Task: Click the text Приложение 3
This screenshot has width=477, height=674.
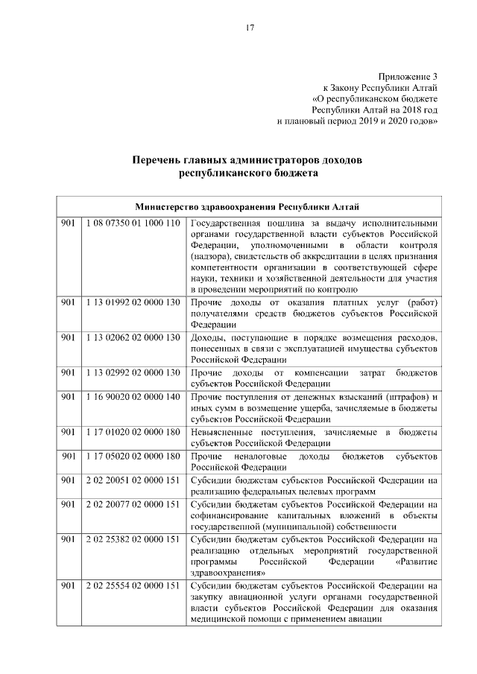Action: [x=408, y=77]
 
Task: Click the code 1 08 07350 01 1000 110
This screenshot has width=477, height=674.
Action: [x=133, y=223]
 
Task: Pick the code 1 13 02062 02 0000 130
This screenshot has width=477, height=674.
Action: [x=133, y=337]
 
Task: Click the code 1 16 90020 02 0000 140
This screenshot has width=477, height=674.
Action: [x=133, y=396]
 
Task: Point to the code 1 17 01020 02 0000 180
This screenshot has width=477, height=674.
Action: [x=133, y=432]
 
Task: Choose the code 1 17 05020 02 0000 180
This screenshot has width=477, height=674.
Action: [x=133, y=455]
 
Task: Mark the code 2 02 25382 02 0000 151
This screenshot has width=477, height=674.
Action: [x=133, y=539]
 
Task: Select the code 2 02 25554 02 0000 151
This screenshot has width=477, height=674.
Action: [x=133, y=586]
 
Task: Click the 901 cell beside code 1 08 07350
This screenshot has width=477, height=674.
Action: [x=69, y=223]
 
